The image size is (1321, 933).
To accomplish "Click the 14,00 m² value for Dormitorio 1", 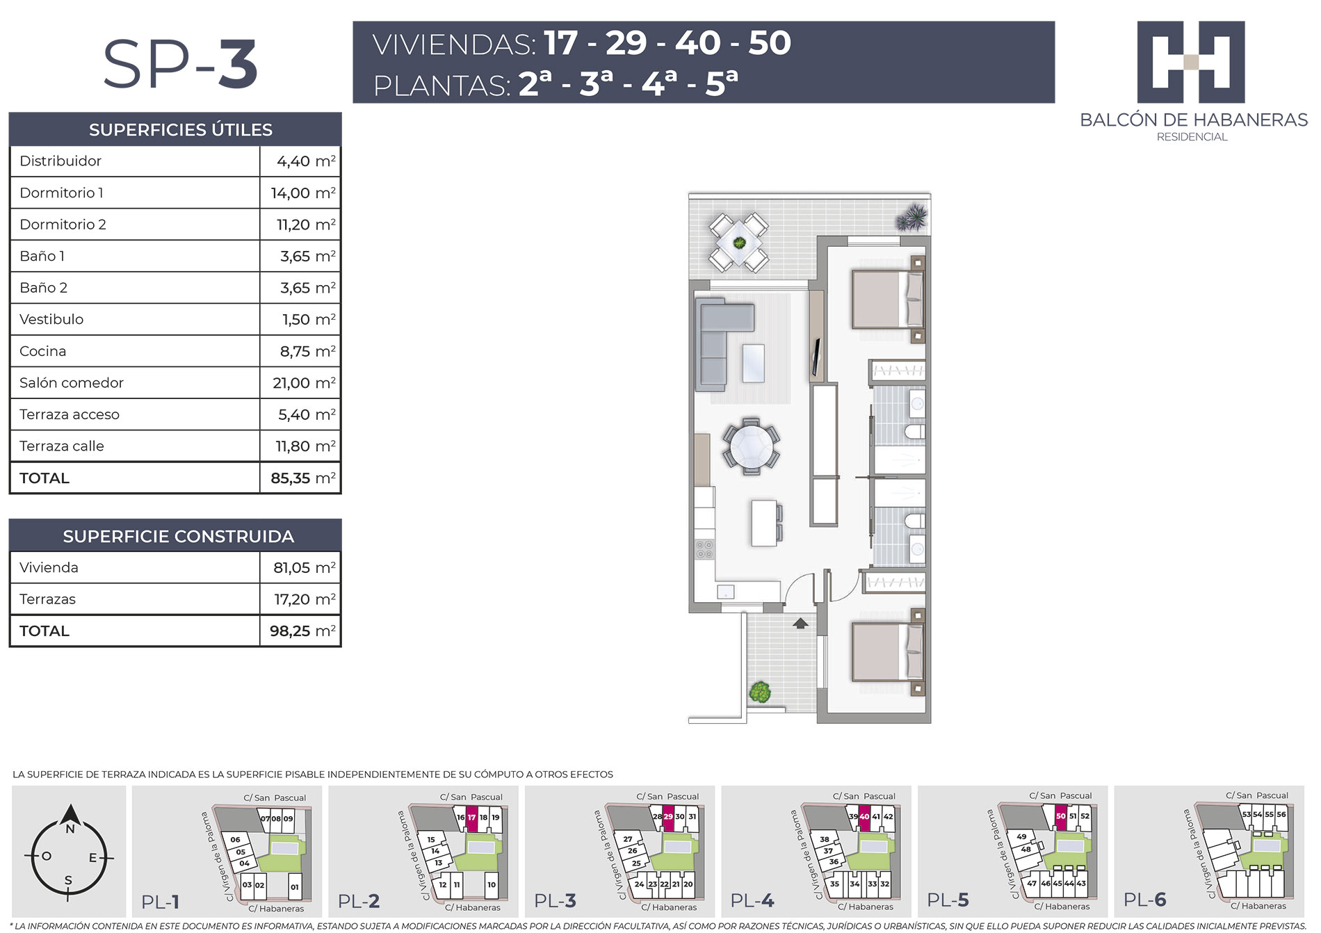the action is click(x=303, y=193).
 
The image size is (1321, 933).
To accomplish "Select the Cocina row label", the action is click(x=43, y=351).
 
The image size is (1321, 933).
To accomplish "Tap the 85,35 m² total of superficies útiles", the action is click(x=303, y=478).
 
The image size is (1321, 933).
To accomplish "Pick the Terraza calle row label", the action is click(x=62, y=446).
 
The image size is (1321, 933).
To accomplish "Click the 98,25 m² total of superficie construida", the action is click(x=303, y=631).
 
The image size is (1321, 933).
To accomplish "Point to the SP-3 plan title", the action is click(x=181, y=64).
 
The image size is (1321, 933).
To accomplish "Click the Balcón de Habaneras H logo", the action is click(x=1191, y=62).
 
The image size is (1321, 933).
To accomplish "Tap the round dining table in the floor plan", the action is click(x=751, y=446).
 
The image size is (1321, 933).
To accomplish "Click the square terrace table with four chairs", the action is click(x=738, y=243).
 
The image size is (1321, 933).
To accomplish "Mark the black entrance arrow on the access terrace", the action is click(x=801, y=623).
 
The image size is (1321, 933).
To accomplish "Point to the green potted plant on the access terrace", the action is click(x=760, y=692).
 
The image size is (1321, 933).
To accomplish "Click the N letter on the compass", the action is click(x=70, y=829).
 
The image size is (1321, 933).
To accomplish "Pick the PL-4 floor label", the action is click(x=752, y=900).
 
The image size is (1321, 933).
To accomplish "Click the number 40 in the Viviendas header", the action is click(x=697, y=43).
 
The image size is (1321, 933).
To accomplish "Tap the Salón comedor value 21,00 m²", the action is click(x=304, y=382).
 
